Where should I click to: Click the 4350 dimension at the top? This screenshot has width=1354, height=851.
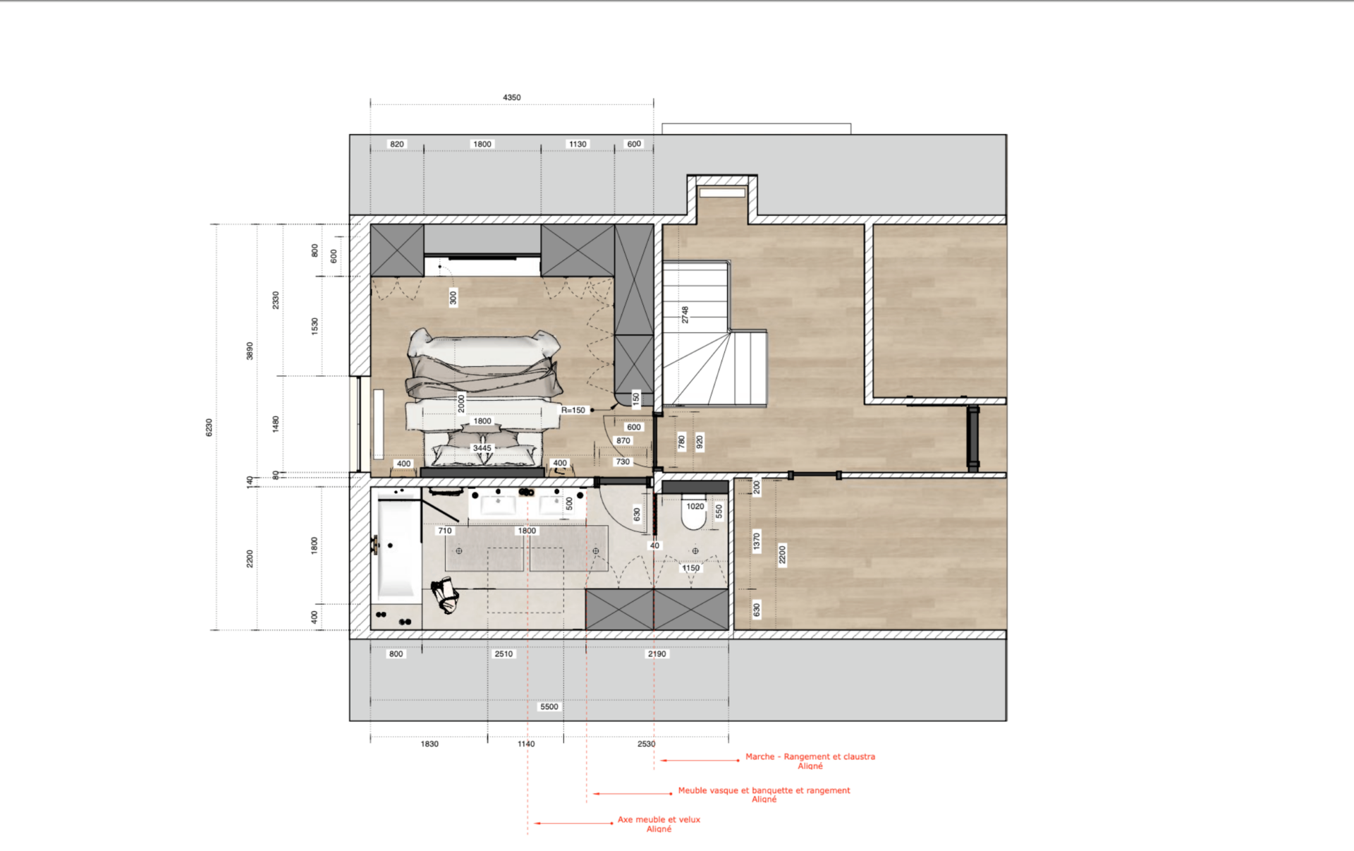click(x=512, y=97)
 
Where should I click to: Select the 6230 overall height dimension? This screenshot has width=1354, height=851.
click(x=209, y=427)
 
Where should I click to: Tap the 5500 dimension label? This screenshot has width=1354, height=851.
click(x=549, y=706)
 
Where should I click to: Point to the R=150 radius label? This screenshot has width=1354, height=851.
click(x=573, y=410)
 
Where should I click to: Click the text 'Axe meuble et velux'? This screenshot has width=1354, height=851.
click(x=659, y=819)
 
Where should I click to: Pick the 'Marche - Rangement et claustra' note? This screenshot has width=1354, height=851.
click(x=810, y=756)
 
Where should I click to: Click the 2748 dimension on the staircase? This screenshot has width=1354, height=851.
click(x=685, y=315)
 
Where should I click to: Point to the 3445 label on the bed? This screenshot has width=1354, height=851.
click(x=482, y=448)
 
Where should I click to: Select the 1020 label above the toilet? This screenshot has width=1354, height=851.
click(x=695, y=506)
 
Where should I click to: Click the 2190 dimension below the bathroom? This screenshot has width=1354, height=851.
click(x=657, y=653)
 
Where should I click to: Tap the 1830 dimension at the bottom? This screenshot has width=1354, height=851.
click(x=429, y=744)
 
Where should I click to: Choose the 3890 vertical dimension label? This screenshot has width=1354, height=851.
click(x=250, y=351)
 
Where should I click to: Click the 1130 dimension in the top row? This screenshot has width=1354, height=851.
click(x=578, y=144)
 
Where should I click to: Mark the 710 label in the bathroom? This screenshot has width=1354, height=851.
click(x=445, y=531)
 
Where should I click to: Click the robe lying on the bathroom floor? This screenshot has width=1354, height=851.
click(x=445, y=595)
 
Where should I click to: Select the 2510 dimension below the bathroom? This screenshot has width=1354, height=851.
click(x=504, y=653)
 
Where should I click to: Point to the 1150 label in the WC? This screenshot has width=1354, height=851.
click(x=690, y=568)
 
